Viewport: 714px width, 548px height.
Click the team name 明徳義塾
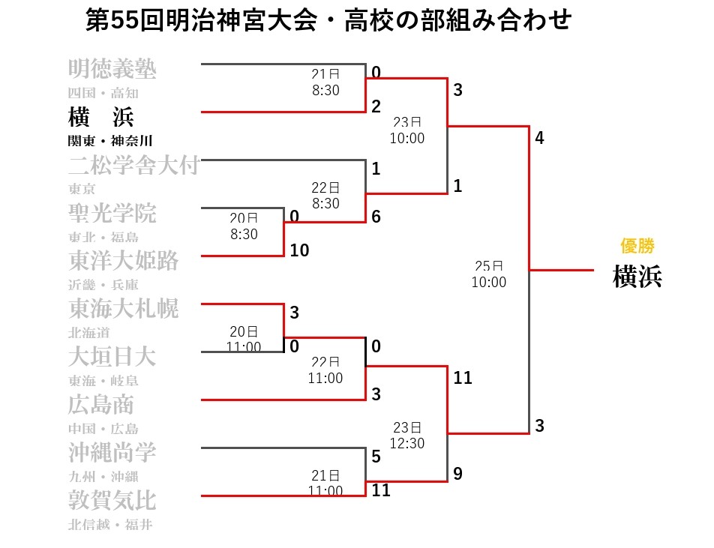[112, 70]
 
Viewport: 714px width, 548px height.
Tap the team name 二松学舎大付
[133, 165]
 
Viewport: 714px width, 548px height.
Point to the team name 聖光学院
[112, 213]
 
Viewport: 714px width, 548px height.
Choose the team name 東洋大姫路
[123, 261]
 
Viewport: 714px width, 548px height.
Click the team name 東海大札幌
[123, 308]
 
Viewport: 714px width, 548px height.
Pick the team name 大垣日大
[112, 356]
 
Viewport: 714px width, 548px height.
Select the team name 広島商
[101, 405]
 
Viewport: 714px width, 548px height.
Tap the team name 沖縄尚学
[112, 452]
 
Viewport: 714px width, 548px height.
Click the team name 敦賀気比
[112, 500]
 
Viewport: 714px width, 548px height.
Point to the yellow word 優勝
[637, 246]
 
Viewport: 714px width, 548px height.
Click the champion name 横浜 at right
[637, 277]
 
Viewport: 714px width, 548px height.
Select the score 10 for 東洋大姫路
[299, 250]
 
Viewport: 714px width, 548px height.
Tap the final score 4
[539, 139]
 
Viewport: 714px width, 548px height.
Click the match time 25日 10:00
[489, 274]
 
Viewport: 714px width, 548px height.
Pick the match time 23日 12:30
[408, 435]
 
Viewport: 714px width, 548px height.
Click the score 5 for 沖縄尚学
[376, 456]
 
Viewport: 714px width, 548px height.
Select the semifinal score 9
[457, 474]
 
